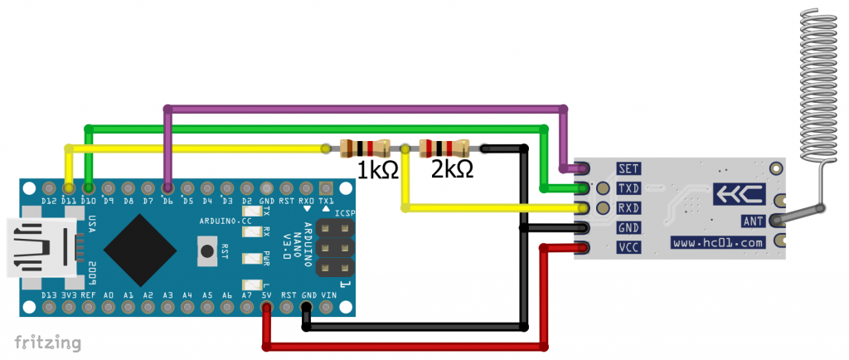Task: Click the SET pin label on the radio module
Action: pyautogui.click(x=628, y=168)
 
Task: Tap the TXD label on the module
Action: pyautogui.click(x=628, y=188)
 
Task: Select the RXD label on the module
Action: pyautogui.click(x=628, y=207)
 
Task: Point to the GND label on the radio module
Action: pyautogui.click(x=628, y=226)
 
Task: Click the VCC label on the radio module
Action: pyautogui.click(x=628, y=246)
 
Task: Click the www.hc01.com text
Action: pyautogui.click(x=717, y=243)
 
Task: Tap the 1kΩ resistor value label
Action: pyautogui.click(x=377, y=171)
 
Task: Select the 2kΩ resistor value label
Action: pyautogui.click(x=452, y=169)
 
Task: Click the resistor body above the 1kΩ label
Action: pyautogui.click(x=365, y=148)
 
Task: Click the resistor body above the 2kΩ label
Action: pyautogui.click(x=444, y=148)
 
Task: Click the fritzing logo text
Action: pyautogui.click(x=48, y=342)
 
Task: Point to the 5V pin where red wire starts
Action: pyautogui.click(x=266, y=309)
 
